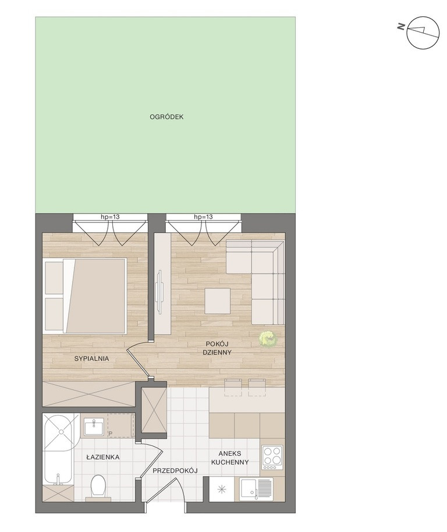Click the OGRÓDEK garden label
point(166,117)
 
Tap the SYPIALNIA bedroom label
point(91,359)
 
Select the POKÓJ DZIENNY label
point(217,348)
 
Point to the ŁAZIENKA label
point(103,457)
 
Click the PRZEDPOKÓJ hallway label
point(175,470)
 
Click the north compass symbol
point(423,33)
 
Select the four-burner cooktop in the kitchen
point(272,457)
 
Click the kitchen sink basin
point(250,489)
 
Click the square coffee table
point(218,301)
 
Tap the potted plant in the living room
point(268,338)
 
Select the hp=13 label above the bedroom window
point(110,217)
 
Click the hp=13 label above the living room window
point(203,217)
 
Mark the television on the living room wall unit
point(159,290)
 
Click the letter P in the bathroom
point(111,433)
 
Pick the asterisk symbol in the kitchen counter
point(221,489)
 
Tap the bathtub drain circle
point(61,432)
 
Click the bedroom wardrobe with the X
point(89,393)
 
